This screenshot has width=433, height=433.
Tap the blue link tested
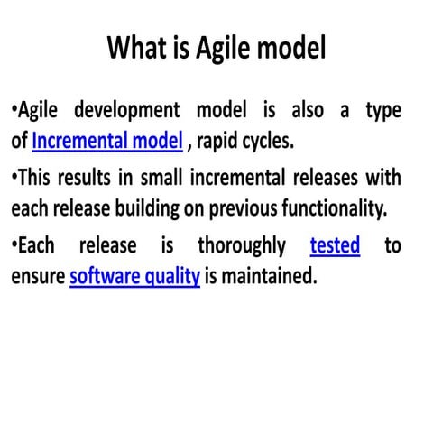click(x=335, y=245)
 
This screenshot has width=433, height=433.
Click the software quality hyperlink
click(x=134, y=276)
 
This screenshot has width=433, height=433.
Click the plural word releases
click(x=323, y=178)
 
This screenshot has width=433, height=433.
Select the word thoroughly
click(x=241, y=245)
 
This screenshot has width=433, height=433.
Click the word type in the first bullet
click(x=382, y=110)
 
